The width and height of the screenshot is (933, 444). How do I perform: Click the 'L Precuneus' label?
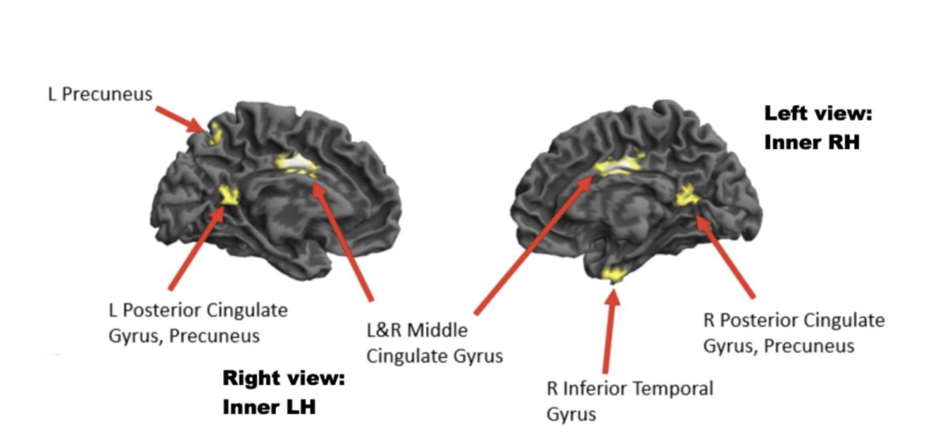click(100, 94)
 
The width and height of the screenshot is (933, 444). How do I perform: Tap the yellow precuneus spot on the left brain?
click(215, 134)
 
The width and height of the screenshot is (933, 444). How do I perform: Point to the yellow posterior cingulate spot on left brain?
click(228, 195)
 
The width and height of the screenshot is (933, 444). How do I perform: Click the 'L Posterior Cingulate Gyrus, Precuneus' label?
click(198, 323)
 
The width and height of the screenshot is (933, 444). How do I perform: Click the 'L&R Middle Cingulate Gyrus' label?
click(434, 343)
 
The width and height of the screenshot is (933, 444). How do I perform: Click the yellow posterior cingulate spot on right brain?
click(687, 196)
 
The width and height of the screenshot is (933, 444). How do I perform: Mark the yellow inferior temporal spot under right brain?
click(613, 274)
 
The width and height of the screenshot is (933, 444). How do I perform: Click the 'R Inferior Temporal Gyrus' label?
click(629, 401)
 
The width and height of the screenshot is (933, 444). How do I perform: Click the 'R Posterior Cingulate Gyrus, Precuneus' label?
click(793, 333)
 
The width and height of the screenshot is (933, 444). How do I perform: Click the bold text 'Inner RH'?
click(812, 142)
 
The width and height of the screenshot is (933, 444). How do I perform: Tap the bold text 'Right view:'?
click(283, 378)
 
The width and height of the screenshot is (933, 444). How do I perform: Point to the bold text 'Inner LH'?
click(269, 407)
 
